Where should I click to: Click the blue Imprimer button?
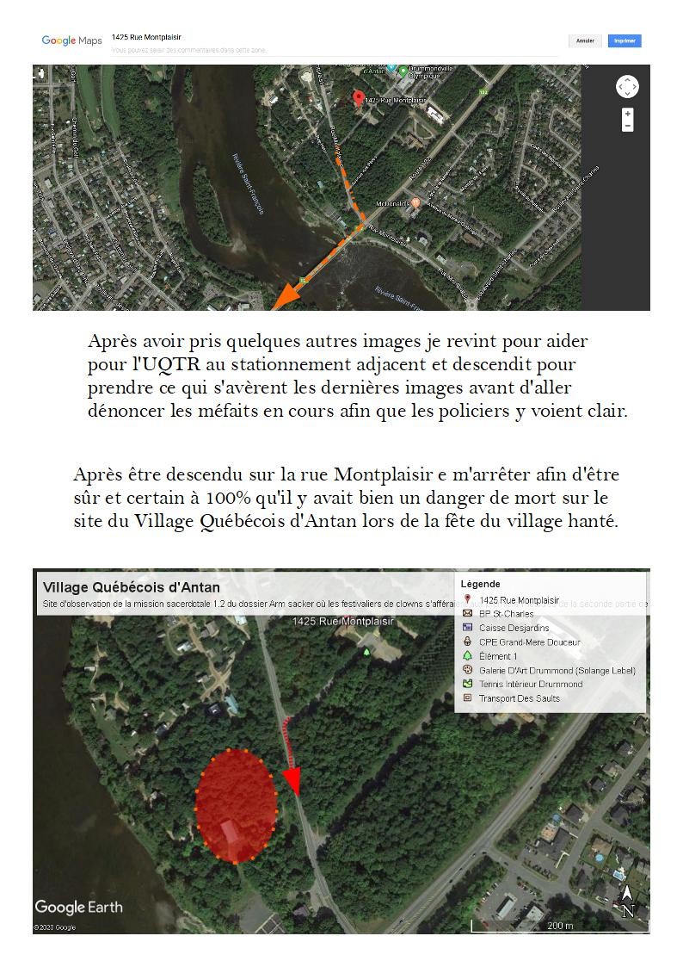[625, 40]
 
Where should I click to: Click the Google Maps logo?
[71, 40]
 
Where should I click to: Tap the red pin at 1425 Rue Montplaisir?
[359, 98]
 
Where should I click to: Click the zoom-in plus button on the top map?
[628, 114]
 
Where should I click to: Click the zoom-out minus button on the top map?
[628, 126]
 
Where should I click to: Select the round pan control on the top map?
[627, 87]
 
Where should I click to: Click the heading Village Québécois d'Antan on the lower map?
[132, 587]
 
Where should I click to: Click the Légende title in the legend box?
[480, 584]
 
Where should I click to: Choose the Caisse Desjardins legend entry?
[514, 628]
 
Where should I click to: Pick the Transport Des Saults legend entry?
[519, 698]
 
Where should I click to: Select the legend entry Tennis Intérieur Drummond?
[530, 684]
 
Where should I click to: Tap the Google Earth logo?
[79, 907]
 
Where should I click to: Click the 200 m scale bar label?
[560, 926]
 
